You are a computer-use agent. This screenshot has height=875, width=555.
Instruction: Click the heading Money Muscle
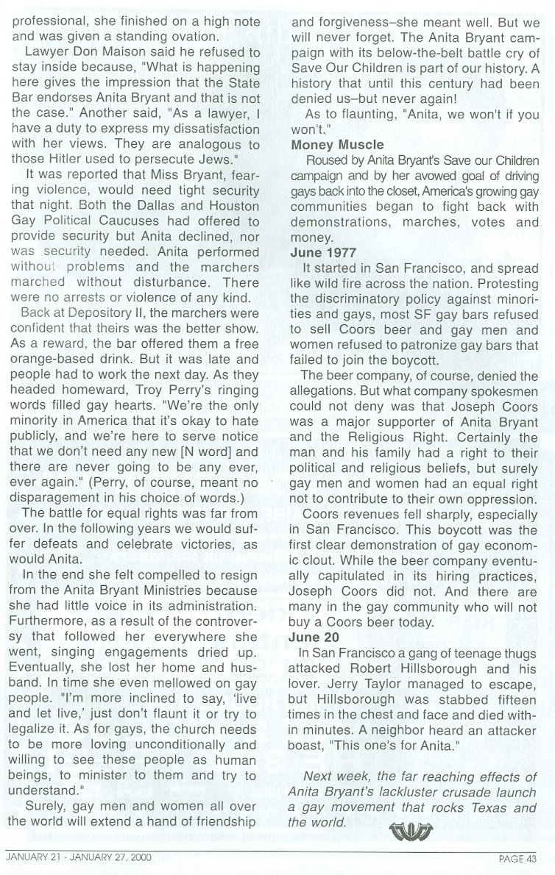tap(333, 145)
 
